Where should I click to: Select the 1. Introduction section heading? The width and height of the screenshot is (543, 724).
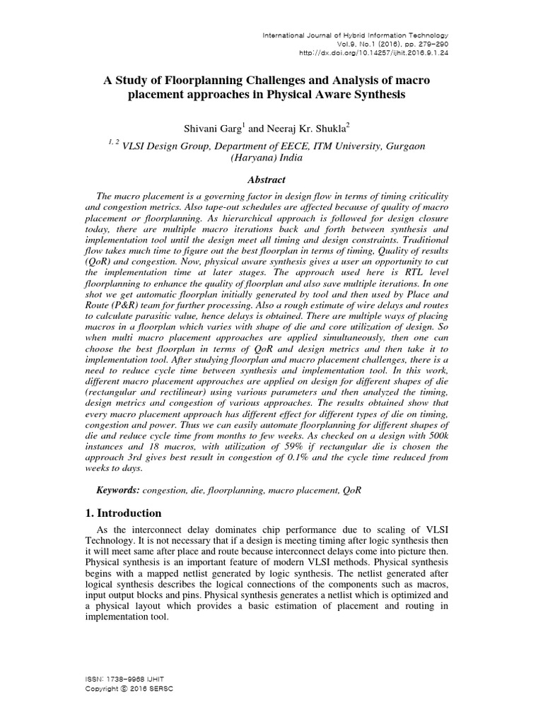123,513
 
